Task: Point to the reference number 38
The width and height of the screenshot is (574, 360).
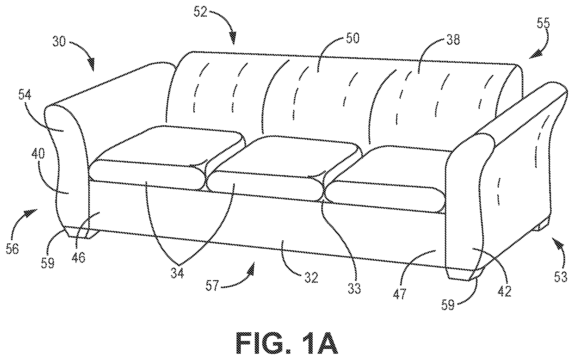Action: click(x=453, y=39)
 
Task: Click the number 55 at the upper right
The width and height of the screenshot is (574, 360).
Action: click(x=544, y=23)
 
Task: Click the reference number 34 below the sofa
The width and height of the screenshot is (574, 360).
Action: click(x=177, y=273)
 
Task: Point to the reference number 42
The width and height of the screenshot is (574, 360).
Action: click(x=504, y=291)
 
